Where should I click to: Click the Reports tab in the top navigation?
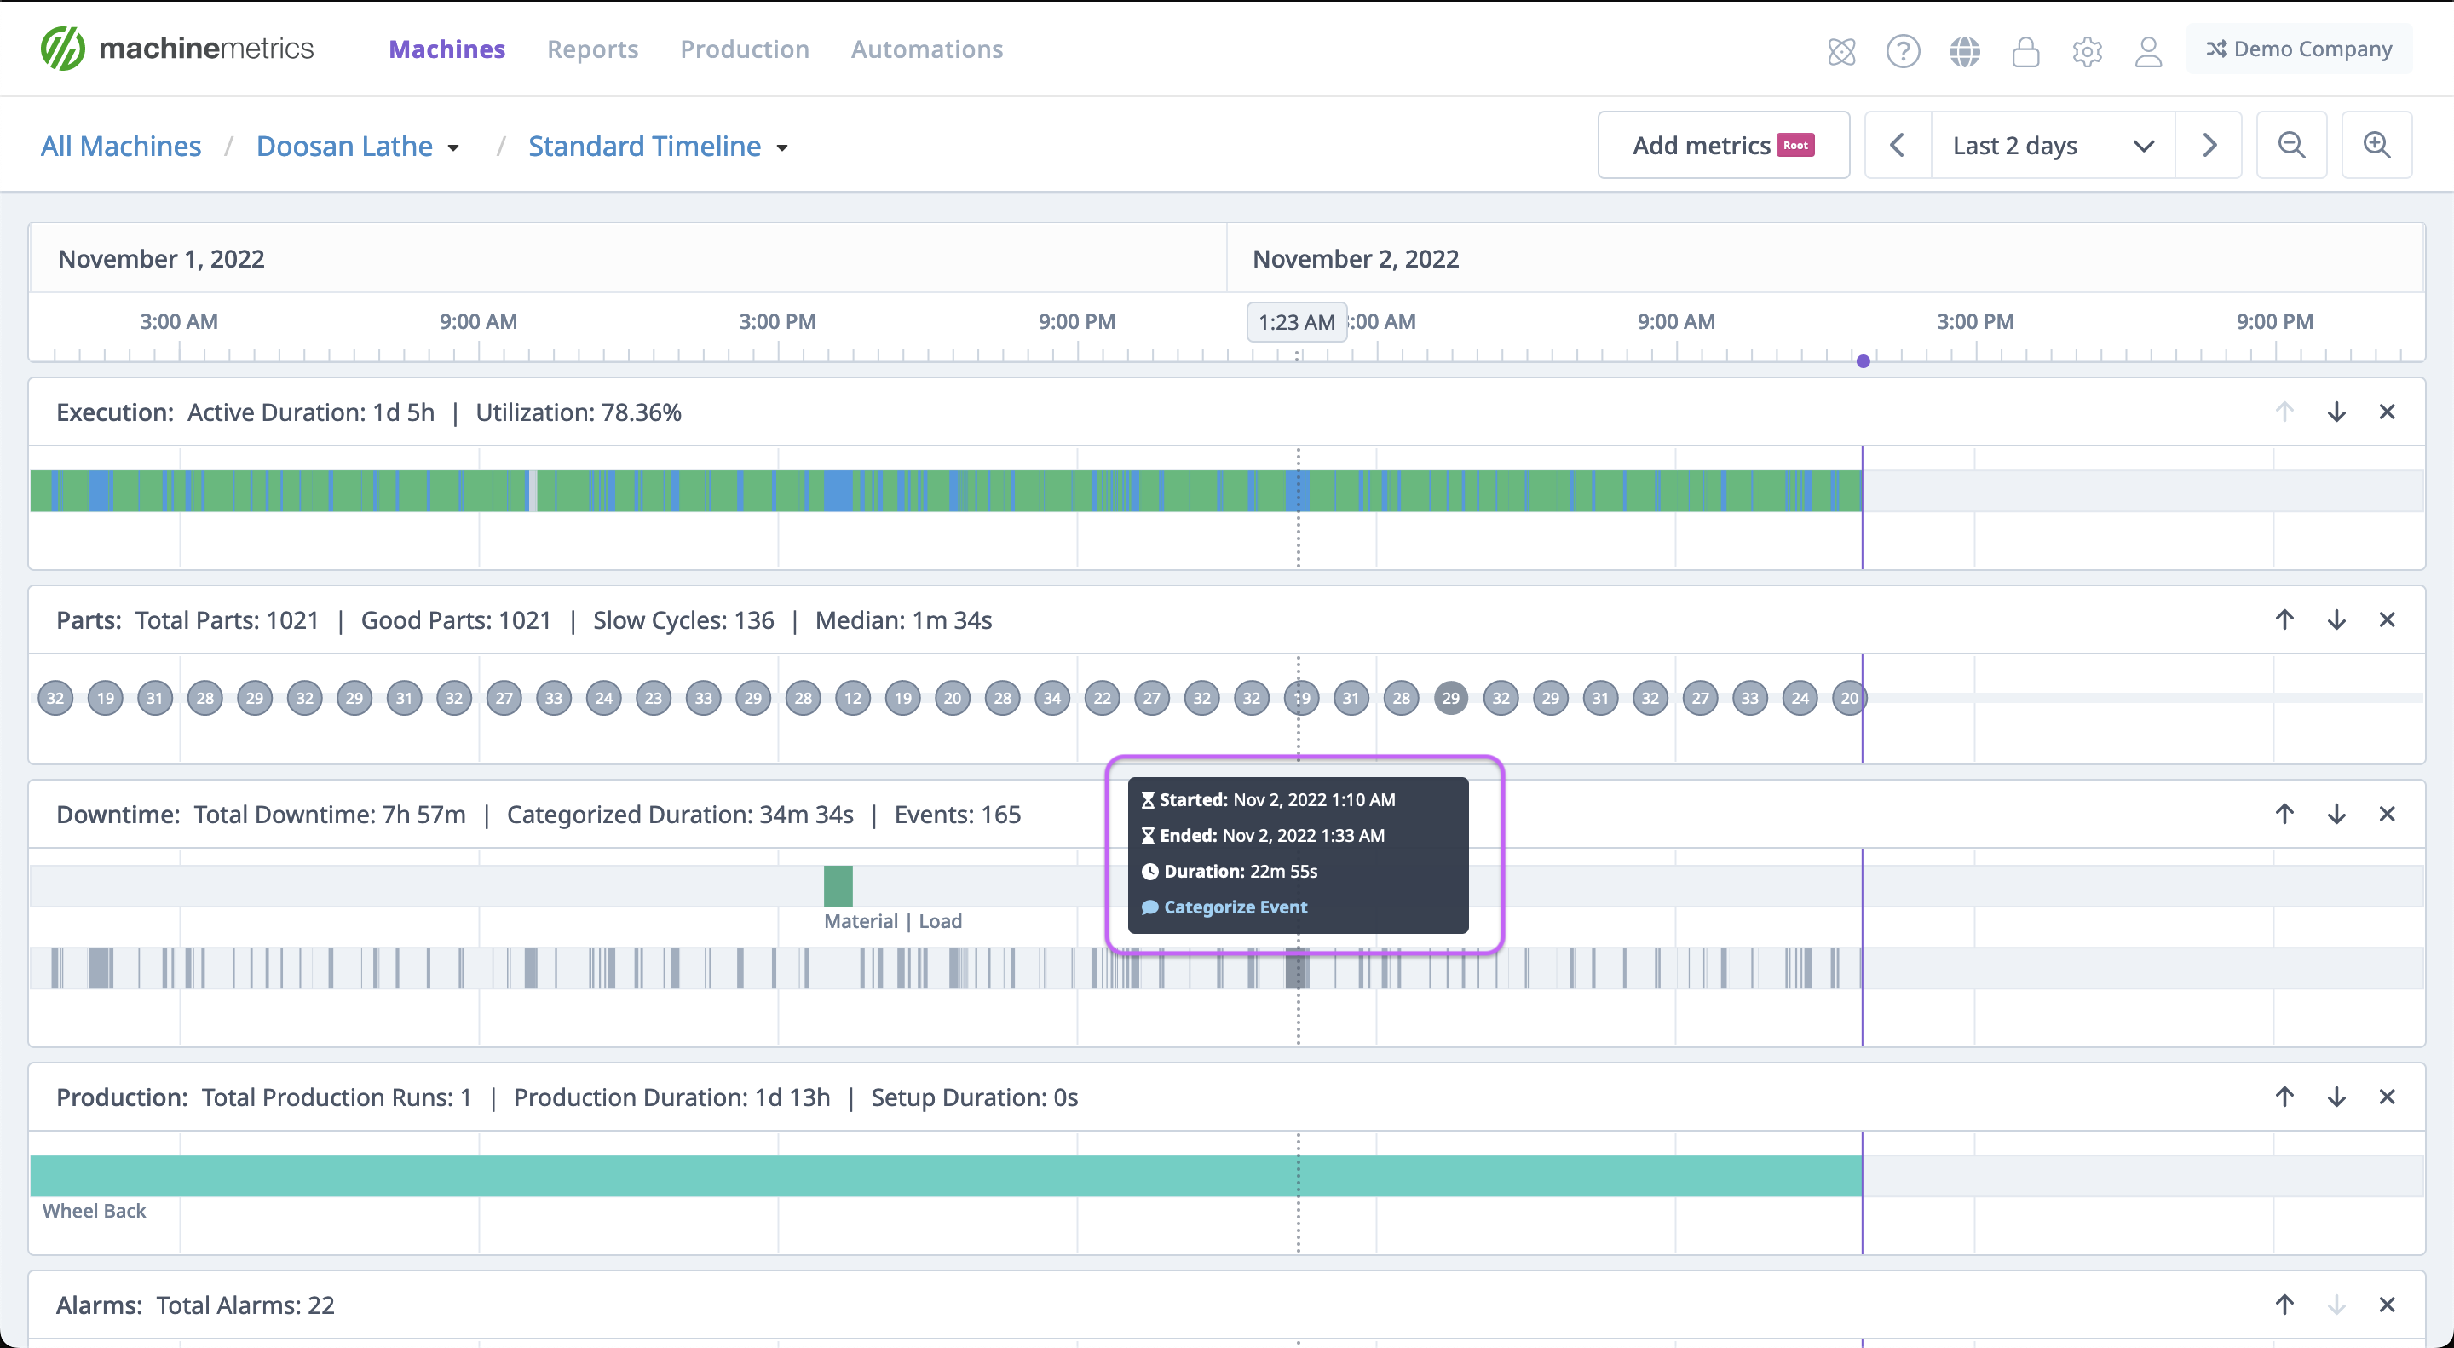tap(591, 49)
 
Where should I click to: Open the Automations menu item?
tap(926, 49)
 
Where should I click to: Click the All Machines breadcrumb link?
tap(121, 146)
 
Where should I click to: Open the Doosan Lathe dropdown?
tap(357, 146)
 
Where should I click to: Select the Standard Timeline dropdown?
tap(657, 146)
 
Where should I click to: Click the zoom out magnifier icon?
tap(2291, 146)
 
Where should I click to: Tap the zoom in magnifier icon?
tap(2376, 146)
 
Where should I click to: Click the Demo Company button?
tap(2299, 49)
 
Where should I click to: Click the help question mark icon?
tap(1903, 50)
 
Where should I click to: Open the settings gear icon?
tap(2086, 50)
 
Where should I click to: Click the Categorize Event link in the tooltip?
tap(1235, 907)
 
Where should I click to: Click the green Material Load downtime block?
tap(838, 886)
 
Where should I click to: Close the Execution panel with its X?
tap(2387, 412)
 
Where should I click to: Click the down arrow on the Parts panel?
tap(2336, 620)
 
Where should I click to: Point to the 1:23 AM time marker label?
tap(1297, 322)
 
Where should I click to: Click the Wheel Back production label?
tap(95, 1211)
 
